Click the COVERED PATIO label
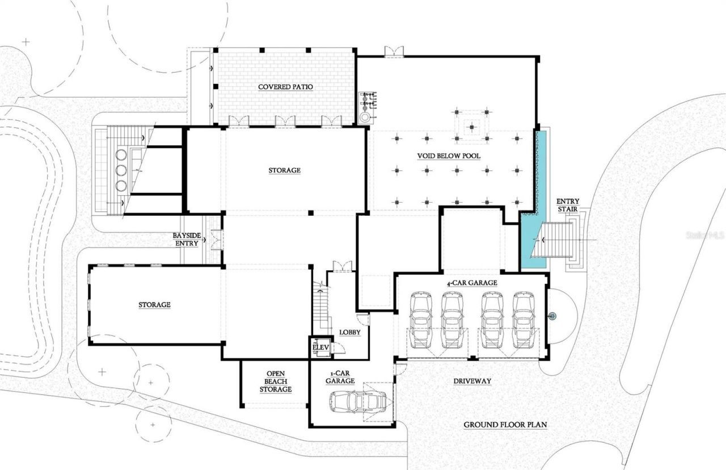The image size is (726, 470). (285, 87)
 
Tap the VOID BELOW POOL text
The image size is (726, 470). (449, 154)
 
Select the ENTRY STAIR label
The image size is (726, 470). (567, 205)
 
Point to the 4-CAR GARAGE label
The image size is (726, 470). (471, 283)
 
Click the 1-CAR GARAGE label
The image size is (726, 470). (340, 377)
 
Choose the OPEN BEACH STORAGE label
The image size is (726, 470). (276, 381)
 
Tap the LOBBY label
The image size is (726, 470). (349, 332)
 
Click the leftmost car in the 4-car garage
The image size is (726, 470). (421, 320)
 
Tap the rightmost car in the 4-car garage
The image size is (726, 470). (524, 320)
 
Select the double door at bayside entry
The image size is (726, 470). (216, 240)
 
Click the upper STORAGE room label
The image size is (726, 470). (285, 170)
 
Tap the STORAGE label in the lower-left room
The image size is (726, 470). (154, 305)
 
